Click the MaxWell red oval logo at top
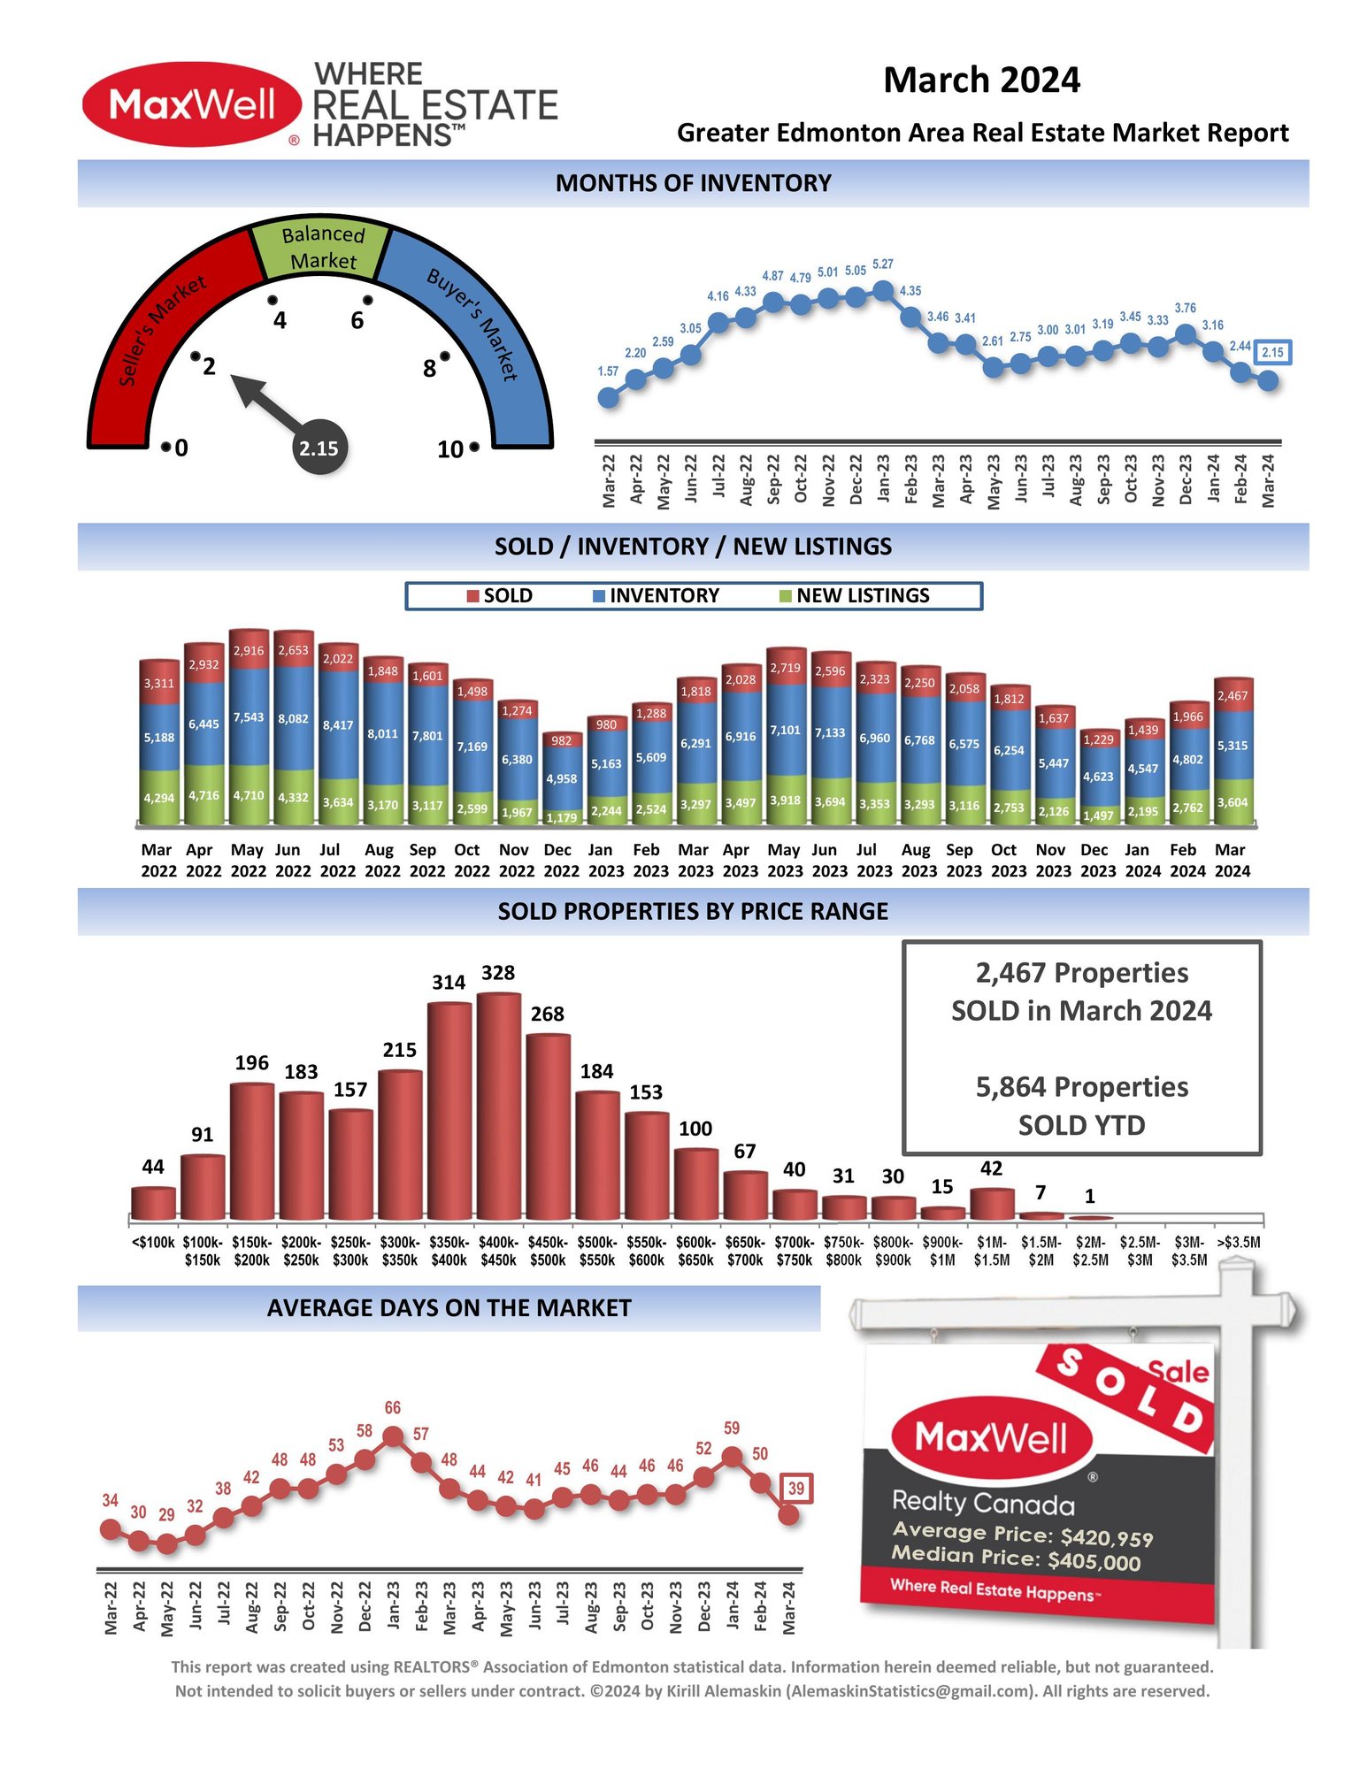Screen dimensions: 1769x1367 coord(192,104)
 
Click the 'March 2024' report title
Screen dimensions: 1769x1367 coord(981,80)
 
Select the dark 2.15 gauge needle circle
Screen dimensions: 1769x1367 coord(319,448)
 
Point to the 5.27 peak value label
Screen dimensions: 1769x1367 coord(882,264)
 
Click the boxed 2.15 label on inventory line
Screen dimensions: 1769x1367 coord(1271,352)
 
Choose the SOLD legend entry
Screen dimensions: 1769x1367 coord(500,596)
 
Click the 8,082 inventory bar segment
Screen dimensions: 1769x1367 coord(293,718)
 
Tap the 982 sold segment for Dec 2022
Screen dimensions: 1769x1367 coord(561,741)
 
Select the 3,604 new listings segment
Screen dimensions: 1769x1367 coord(1232,802)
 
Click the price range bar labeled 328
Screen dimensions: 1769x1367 coord(498,1106)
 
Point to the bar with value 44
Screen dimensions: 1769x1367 coord(153,1203)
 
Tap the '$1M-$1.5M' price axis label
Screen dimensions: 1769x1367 coord(991,1251)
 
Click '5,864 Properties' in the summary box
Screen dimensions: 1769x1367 coord(1081,1087)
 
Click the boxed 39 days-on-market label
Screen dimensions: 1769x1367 coord(795,1489)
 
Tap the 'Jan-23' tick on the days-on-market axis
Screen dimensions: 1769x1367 coord(393,1606)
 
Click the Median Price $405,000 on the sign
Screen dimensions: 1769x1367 coord(1015,1558)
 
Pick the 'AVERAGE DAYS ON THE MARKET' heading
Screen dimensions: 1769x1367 coord(449,1308)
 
